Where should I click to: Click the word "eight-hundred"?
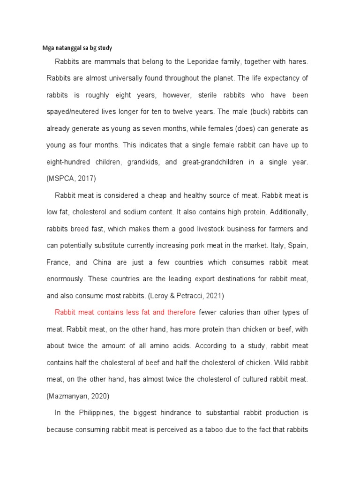[x=67, y=162]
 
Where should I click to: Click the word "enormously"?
[x=65, y=278]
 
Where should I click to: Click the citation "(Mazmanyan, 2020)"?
[x=78, y=396]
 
